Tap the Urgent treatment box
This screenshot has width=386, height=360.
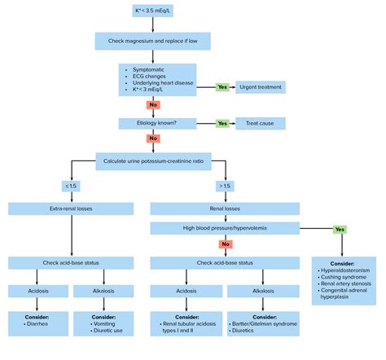[x=260, y=86]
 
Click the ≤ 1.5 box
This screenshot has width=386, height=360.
[x=72, y=186]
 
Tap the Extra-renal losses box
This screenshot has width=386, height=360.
[x=72, y=209]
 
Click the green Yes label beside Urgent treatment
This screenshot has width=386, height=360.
[x=222, y=86]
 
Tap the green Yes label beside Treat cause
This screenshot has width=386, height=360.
[x=222, y=124]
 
